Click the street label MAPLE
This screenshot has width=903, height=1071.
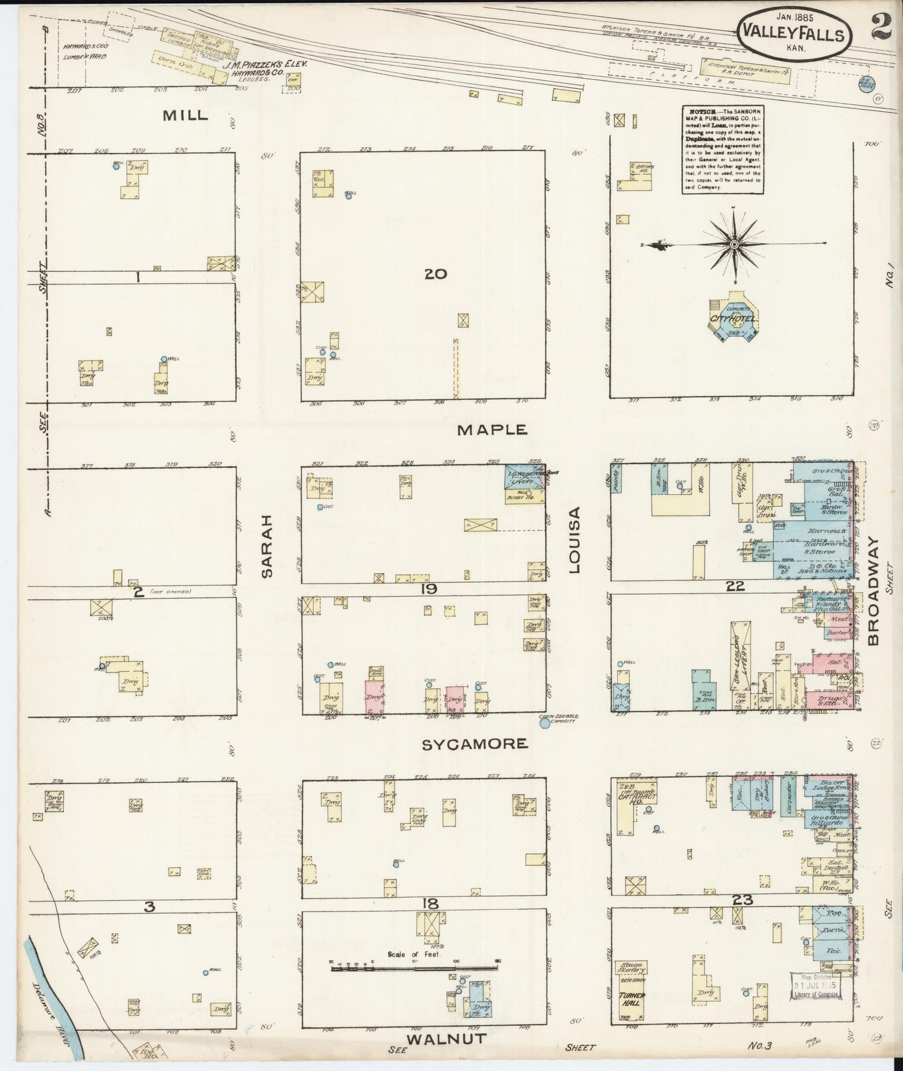point(492,430)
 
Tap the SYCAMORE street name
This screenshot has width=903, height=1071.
point(474,744)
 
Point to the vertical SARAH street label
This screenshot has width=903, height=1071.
point(267,546)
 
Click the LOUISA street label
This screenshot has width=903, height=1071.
point(574,540)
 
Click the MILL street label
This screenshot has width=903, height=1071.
point(185,116)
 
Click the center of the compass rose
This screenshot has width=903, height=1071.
point(735,243)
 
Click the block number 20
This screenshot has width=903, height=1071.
point(435,274)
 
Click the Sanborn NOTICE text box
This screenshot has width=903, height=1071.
point(722,149)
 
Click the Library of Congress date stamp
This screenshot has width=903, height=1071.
point(815,987)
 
